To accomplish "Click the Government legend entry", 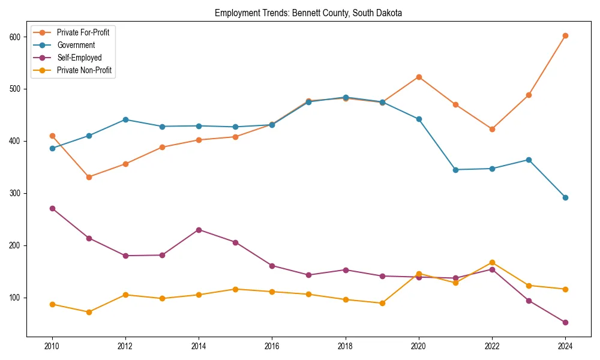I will coord(76,45).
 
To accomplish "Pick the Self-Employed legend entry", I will coord(79,58).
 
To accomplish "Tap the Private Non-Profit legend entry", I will coord(85,70).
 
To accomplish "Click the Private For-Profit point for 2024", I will coord(565,35).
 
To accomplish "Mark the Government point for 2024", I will coord(565,197).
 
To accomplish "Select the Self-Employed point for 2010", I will coord(52,208).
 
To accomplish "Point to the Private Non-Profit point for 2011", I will coord(89,312).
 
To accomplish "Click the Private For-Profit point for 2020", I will coord(419,77).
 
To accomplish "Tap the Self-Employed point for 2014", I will coord(199,230).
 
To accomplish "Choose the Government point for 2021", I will coord(455,170).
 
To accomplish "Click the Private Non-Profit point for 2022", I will coord(492,262).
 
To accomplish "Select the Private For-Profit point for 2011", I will coord(89,177).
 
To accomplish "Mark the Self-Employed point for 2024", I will coord(565,322).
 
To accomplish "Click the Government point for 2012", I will coord(125,119).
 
